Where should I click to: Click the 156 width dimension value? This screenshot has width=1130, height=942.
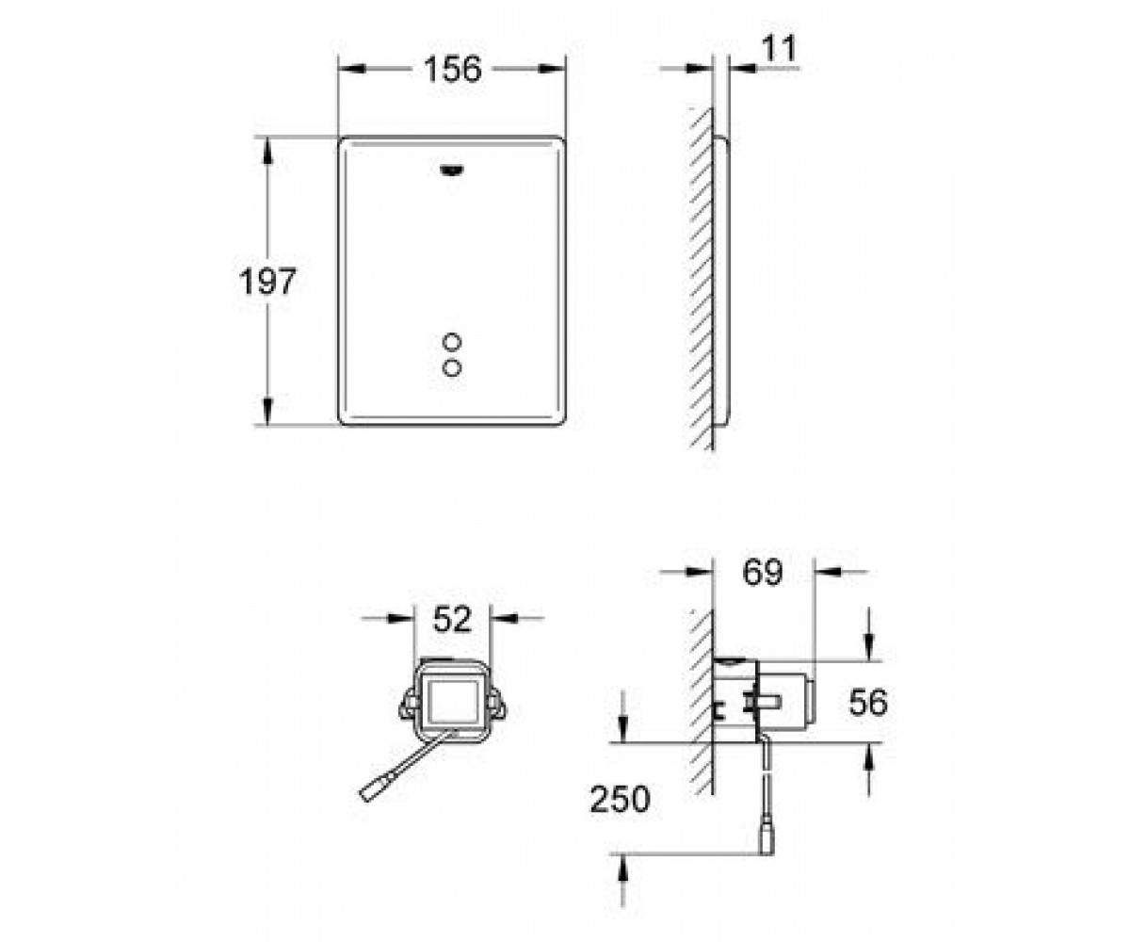[x=452, y=70]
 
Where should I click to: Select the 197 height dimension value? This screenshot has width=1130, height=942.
[x=267, y=281]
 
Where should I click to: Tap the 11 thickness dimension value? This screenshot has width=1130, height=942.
[x=780, y=48]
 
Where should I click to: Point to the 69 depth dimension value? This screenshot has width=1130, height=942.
[x=763, y=572]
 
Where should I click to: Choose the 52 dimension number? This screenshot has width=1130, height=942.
[x=452, y=619]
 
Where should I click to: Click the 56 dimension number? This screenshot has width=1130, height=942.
[x=868, y=702]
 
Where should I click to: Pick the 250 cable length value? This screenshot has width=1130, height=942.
[x=621, y=799]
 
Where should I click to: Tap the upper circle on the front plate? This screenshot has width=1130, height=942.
[x=451, y=342]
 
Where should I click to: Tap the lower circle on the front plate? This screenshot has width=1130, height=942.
[x=451, y=368]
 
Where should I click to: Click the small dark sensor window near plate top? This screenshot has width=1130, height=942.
[x=452, y=171]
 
